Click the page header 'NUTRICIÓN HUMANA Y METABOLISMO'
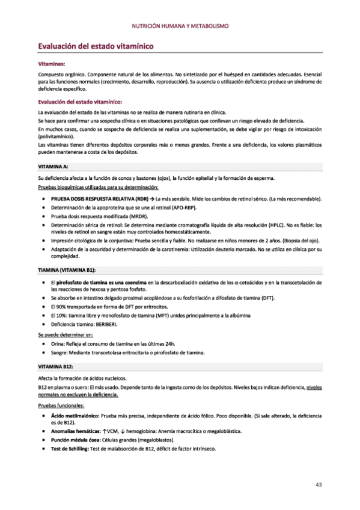(x=180, y=26)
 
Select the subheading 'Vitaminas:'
(x=52, y=63)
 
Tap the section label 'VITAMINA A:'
(x=53, y=165)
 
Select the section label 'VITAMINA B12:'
(x=55, y=366)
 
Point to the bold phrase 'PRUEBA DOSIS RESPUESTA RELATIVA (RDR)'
(x=99, y=198)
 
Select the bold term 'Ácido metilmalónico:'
(x=72, y=416)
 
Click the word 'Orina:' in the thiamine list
(x=60, y=343)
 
